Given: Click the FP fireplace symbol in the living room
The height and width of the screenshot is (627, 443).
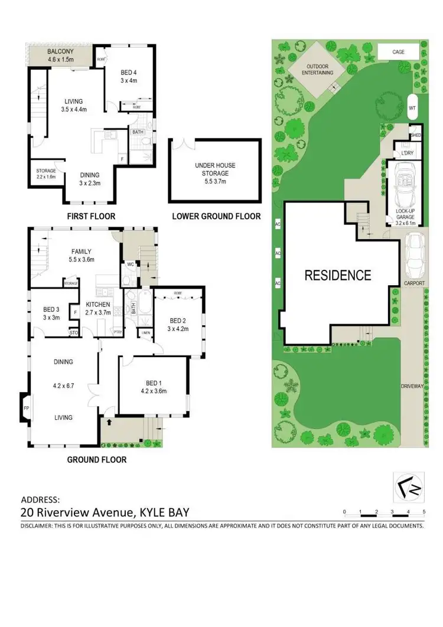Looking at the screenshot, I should pyautogui.click(x=25, y=408).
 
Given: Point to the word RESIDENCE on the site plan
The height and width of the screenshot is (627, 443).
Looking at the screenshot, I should pyautogui.click(x=338, y=275).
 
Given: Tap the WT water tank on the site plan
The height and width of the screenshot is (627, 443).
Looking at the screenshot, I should pyautogui.click(x=412, y=108).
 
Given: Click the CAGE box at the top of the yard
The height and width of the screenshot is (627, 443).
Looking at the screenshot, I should pyautogui.click(x=399, y=52).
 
